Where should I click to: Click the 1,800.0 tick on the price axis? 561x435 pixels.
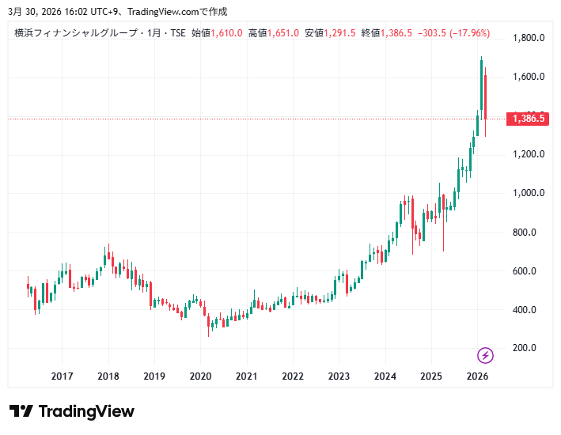tap(529, 38)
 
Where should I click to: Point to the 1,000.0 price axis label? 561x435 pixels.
tap(529, 193)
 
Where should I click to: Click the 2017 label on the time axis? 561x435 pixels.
tap(62, 376)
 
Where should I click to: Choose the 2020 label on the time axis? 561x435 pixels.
tap(200, 376)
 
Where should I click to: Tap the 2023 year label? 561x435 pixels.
tap(339, 376)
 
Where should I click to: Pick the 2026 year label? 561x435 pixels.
tap(477, 376)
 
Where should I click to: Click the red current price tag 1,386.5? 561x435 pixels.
tap(529, 119)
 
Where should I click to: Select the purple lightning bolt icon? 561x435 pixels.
tap(486, 355)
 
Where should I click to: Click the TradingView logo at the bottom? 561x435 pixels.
tap(72, 411)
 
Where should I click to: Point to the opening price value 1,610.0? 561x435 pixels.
tap(226, 33)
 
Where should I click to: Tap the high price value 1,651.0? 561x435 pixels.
tap(283, 33)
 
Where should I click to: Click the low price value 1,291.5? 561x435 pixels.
tap(340, 33)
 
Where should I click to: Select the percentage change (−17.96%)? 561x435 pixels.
tap(470, 33)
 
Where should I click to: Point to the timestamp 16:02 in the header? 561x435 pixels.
tap(68, 12)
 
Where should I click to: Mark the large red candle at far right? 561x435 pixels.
tap(485, 96)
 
